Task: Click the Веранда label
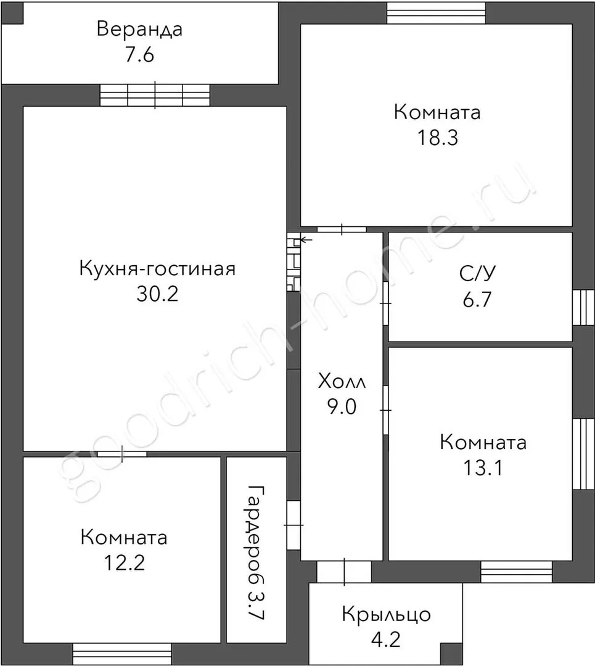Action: click(x=140, y=30)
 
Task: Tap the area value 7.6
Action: click(x=139, y=55)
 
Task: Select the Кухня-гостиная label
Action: click(x=157, y=269)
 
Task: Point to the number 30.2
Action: click(x=157, y=294)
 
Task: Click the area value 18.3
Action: click(x=437, y=138)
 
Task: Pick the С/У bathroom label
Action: click(x=477, y=274)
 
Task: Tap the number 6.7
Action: click(x=477, y=299)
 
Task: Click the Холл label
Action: click(x=342, y=382)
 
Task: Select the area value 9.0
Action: click(x=342, y=406)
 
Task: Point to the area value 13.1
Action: click(x=483, y=467)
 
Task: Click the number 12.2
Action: click(x=125, y=562)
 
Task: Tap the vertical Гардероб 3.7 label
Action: click(x=256, y=553)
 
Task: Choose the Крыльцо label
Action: click(x=386, y=615)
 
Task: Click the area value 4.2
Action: click(x=385, y=639)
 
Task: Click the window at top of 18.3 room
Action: click(x=436, y=13)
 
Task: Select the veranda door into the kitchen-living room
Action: click(x=155, y=95)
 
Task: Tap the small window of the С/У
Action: click(x=583, y=307)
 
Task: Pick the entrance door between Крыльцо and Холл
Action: click(x=344, y=572)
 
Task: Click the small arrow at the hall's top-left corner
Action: click(x=306, y=240)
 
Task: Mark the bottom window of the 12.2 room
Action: click(x=122, y=654)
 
